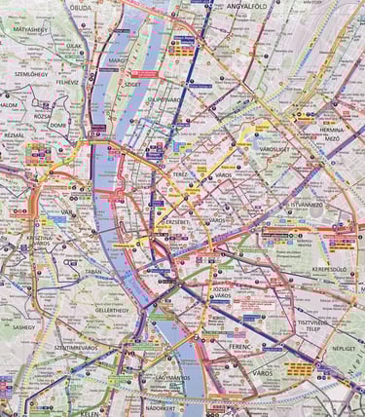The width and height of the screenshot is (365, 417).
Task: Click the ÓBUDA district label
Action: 81,8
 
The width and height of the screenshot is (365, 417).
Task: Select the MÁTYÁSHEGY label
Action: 31,30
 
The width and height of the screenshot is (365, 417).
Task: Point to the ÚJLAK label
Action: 73,45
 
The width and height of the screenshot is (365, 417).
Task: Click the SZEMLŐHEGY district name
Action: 31,74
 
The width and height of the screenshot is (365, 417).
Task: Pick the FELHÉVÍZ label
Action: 67,83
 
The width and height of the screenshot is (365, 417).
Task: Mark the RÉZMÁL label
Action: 14,135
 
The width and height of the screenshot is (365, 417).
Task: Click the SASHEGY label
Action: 23,328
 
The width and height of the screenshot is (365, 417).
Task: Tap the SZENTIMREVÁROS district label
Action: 75,347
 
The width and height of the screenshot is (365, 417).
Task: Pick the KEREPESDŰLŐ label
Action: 329,267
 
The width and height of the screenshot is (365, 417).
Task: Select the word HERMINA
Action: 329,130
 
